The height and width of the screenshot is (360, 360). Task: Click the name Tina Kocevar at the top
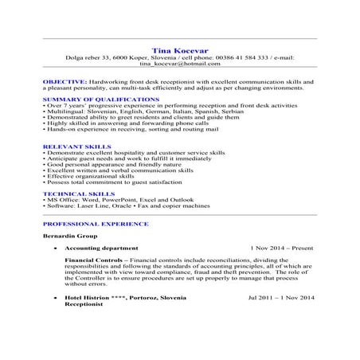click(x=179, y=49)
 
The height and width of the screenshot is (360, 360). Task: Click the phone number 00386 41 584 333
click(x=236, y=57)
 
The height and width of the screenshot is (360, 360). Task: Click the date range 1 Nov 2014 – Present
click(x=281, y=248)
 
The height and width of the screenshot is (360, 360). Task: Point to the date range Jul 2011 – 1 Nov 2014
click(x=281, y=297)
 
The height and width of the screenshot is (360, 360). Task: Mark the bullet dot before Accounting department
click(x=55, y=248)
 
